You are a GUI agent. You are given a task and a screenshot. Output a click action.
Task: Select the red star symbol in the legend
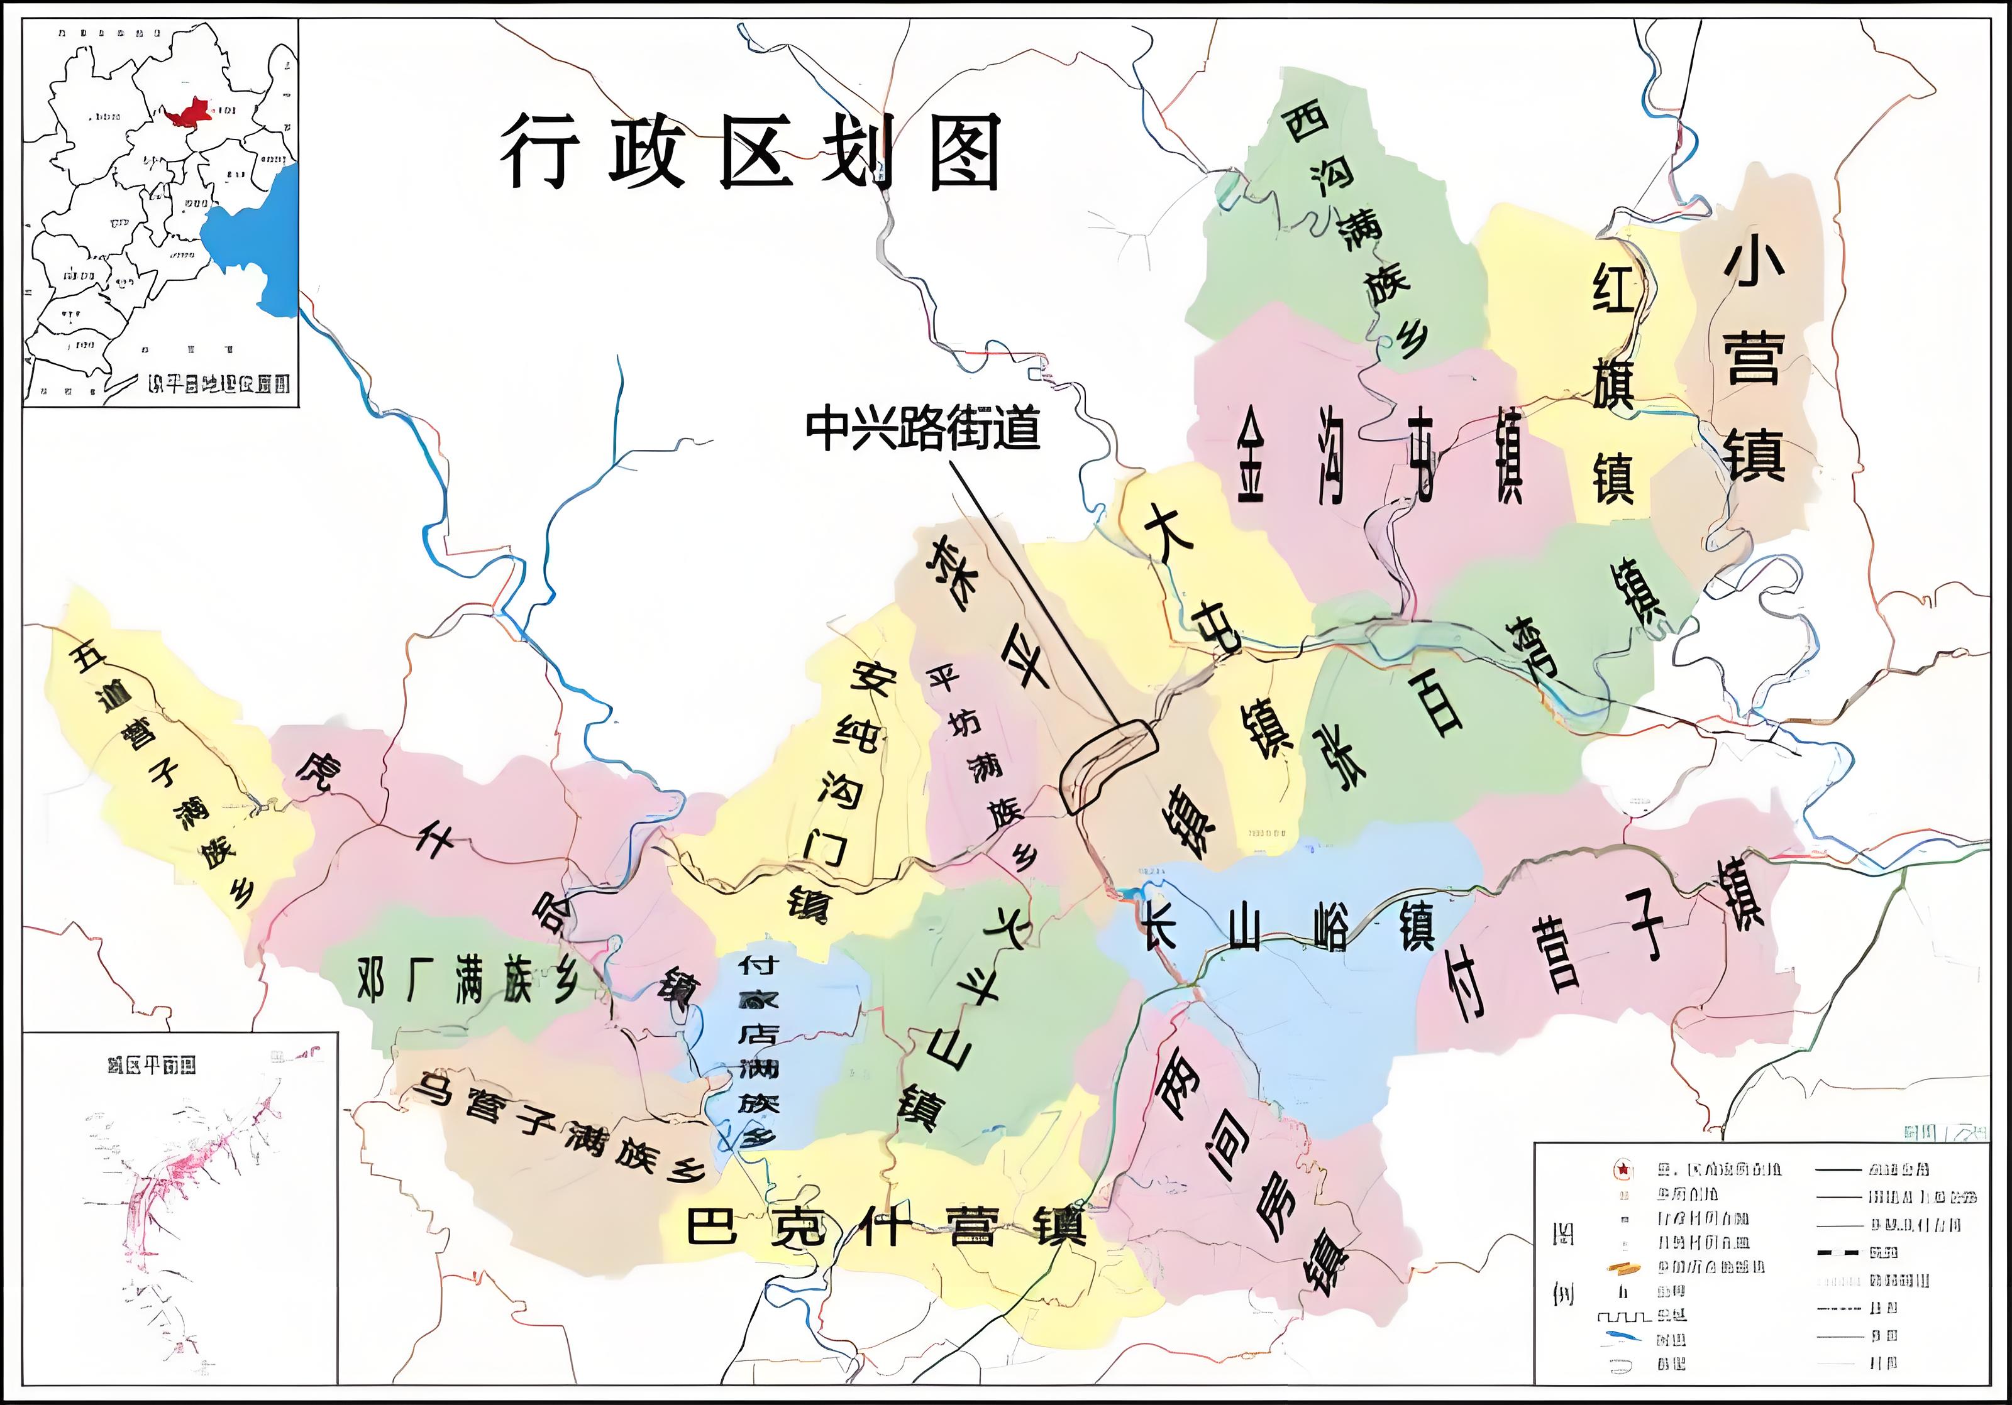pos(1622,1169)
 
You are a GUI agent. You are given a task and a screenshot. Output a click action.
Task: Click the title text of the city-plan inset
pos(151,1065)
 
